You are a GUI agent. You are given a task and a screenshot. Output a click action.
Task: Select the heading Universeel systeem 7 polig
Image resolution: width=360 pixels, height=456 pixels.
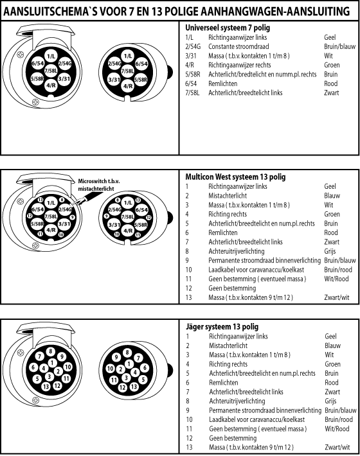point(228,28)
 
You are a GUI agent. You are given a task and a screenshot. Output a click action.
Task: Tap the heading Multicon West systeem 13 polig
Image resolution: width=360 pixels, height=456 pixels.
point(235,177)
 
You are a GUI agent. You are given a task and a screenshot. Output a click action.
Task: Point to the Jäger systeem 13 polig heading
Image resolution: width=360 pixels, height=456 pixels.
point(222,327)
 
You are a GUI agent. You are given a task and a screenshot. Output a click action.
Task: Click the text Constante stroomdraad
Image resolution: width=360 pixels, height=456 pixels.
point(239,46)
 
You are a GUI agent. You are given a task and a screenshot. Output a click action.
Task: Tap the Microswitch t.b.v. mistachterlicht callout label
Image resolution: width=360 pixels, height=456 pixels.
point(98,185)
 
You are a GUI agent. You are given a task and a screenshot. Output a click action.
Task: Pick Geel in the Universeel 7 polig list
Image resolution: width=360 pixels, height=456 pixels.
point(330,37)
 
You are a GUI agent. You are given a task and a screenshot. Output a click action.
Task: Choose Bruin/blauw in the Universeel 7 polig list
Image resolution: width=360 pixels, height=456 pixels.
point(340,46)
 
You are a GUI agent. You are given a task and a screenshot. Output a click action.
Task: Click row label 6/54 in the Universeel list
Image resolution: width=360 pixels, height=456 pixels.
point(191,83)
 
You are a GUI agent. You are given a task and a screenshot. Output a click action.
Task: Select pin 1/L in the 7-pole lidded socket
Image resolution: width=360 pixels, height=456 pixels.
point(51,57)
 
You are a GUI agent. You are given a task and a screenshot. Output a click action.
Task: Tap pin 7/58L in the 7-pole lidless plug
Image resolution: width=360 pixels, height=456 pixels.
point(127,71)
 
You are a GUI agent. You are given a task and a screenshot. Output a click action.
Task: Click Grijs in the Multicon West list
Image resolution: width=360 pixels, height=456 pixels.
point(330,251)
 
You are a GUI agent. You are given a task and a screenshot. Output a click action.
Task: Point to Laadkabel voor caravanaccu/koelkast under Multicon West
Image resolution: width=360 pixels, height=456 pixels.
point(256,270)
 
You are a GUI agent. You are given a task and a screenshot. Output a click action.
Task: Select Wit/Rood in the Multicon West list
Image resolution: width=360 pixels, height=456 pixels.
point(336,279)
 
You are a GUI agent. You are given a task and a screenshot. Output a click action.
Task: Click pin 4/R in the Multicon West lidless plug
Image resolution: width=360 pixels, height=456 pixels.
point(128,231)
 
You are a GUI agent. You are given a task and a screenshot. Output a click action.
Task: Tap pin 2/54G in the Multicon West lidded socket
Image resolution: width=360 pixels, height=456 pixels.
point(65,209)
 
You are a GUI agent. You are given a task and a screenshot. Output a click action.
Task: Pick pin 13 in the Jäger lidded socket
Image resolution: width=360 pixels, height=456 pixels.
point(46,387)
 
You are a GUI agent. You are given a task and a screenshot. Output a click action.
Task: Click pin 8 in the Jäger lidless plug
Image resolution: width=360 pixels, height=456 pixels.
point(127,353)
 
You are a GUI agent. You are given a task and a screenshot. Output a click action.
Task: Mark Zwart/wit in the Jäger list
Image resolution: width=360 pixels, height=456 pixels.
point(337,447)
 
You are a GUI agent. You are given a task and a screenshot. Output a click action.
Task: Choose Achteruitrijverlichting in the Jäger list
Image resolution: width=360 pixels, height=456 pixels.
point(237,401)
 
